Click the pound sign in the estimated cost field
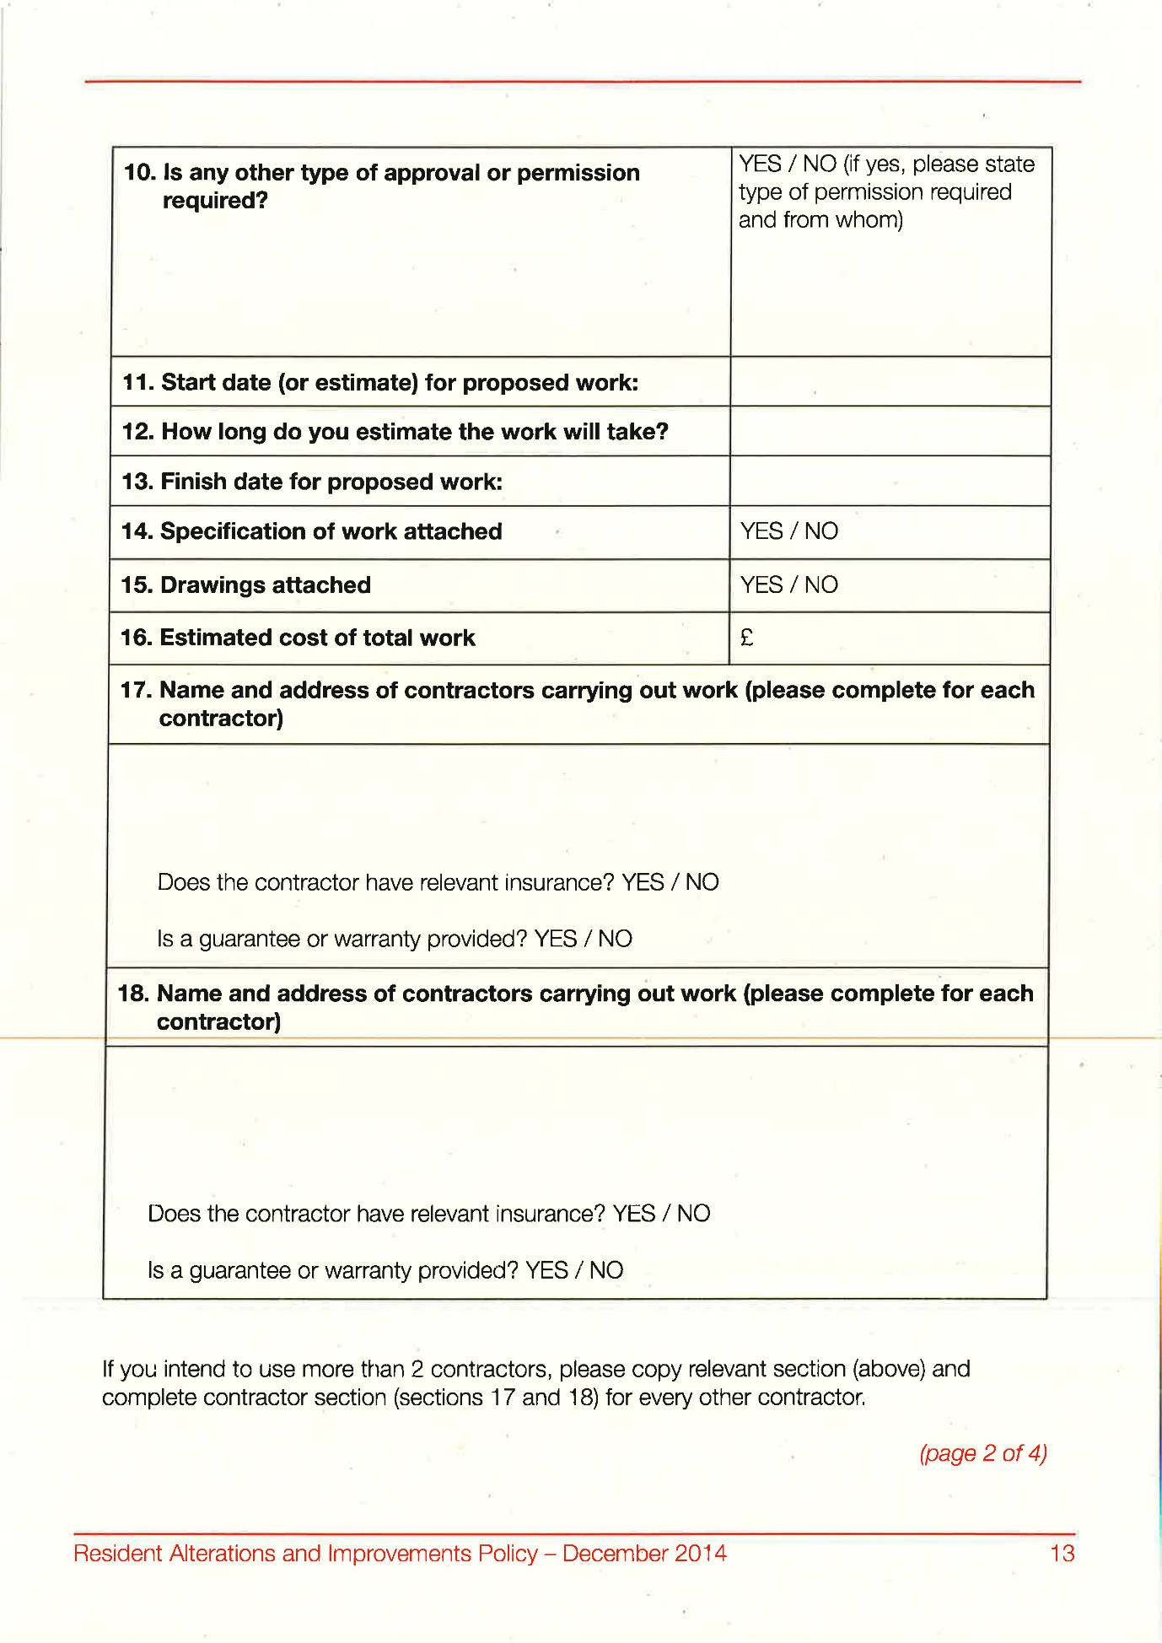point(746,638)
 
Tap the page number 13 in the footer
point(1062,1554)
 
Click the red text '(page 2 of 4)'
point(983,1453)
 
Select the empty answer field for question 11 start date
point(890,382)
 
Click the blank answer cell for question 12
point(890,432)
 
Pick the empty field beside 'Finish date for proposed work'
point(890,482)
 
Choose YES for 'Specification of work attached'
point(761,531)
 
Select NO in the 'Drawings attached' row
point(820,585)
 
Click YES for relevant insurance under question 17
point(643,882)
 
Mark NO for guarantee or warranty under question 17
point(615,939)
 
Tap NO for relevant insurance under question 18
point(693,1214)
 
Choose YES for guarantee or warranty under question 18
point(546,1270)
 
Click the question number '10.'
point(140,173)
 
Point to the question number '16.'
point(137,638)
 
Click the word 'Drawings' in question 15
point(210,585)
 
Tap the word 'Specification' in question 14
point(233,531)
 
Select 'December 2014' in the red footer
point(644,1554)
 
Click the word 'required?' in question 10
point(215,201)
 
